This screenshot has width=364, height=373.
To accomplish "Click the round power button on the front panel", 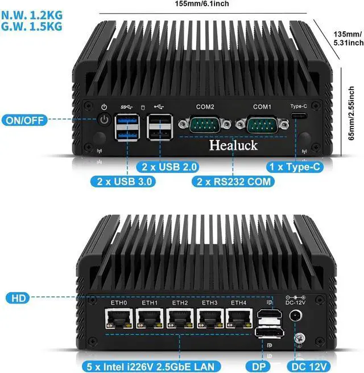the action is pyautogui.click(x=104, y=120).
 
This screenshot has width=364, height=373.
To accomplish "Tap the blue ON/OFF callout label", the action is pyautogui.click(x=25, y=120).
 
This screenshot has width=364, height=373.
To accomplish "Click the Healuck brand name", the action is pyautogui.click(x=233, y=145).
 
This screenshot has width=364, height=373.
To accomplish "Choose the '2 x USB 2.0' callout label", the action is pyautogui.click(x=169, y=167).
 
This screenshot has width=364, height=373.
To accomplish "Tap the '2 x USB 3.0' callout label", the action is pyautogui.click(x=123, y=182).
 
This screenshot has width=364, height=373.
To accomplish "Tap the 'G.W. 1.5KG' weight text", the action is pyautogui.click(x=32, y=26).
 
